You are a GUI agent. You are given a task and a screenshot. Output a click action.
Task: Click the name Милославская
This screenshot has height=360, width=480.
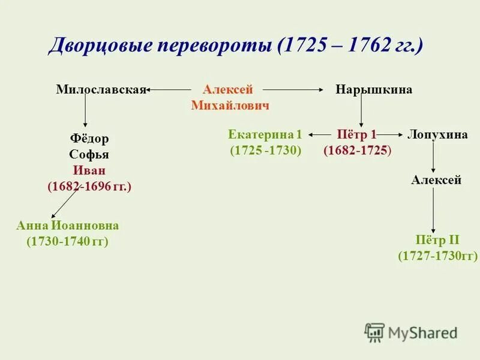(101, 90)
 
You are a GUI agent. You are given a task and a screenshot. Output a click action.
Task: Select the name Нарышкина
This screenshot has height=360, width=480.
(374, 90)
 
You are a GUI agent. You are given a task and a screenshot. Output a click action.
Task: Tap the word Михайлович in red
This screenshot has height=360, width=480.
(230, 106)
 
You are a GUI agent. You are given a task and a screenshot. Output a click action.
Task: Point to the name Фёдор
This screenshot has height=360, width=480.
(89, 139)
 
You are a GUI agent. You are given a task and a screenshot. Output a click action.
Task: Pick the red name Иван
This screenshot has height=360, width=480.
(89, 170)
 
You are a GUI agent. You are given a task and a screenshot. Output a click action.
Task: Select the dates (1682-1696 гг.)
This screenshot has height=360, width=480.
(89, 187)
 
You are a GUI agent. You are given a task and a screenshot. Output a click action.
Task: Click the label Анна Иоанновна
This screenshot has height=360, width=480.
(67, 226)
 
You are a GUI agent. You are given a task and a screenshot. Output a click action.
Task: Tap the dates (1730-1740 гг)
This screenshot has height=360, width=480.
(67, 242)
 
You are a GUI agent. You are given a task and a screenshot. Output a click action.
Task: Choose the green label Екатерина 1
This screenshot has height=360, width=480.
(265, 134)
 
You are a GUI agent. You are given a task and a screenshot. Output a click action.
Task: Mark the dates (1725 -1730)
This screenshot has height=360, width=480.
(265, 151)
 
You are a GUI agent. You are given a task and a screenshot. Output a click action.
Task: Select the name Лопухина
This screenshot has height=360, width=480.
(437, 134)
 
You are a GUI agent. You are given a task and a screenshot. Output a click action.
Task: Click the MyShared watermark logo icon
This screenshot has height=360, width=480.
(374, 332)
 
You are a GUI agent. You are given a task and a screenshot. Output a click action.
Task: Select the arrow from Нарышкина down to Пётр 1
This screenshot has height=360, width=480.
(361, 112)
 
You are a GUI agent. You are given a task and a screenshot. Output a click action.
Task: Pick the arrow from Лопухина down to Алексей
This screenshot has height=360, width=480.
(434, 157)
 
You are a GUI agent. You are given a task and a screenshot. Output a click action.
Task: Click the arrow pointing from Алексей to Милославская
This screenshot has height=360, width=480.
(174, 90)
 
